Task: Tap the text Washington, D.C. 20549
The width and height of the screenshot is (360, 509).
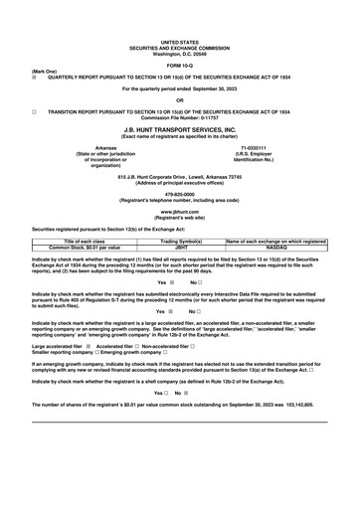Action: tap(180, 23)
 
